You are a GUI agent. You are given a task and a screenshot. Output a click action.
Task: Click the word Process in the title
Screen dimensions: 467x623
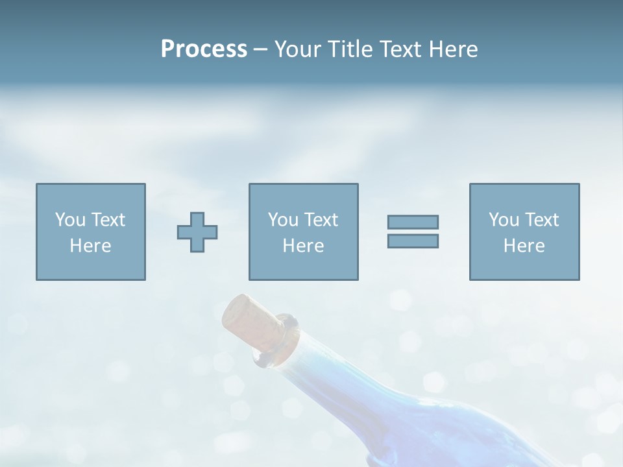coord(204,49)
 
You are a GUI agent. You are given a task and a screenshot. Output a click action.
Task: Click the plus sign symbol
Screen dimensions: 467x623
coord(197,232)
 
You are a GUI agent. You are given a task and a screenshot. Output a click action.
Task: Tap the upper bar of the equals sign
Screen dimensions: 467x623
coord(413,222)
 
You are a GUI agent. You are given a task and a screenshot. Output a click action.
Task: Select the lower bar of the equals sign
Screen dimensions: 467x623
coord(413,241)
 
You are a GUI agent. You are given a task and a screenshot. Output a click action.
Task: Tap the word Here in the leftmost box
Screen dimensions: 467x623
coord(91,246)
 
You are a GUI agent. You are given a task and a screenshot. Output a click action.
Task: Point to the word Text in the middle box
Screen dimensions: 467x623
coord(321,220)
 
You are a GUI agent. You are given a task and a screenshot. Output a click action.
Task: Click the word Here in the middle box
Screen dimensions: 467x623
coord(304,246)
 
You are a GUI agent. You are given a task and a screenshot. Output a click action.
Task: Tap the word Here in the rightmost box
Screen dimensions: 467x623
coord(524,246)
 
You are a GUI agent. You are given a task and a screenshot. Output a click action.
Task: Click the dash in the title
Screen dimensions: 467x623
coord(260,49)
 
